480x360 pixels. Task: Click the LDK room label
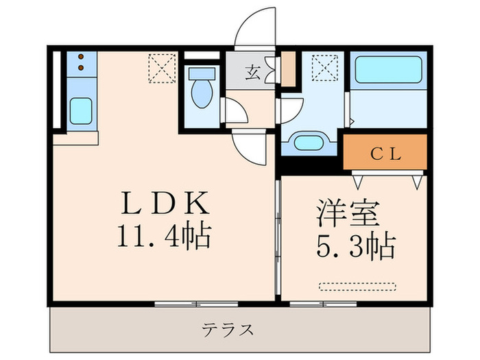(164, 204)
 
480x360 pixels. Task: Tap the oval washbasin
(311, 143)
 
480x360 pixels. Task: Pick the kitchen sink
(82, 110)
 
